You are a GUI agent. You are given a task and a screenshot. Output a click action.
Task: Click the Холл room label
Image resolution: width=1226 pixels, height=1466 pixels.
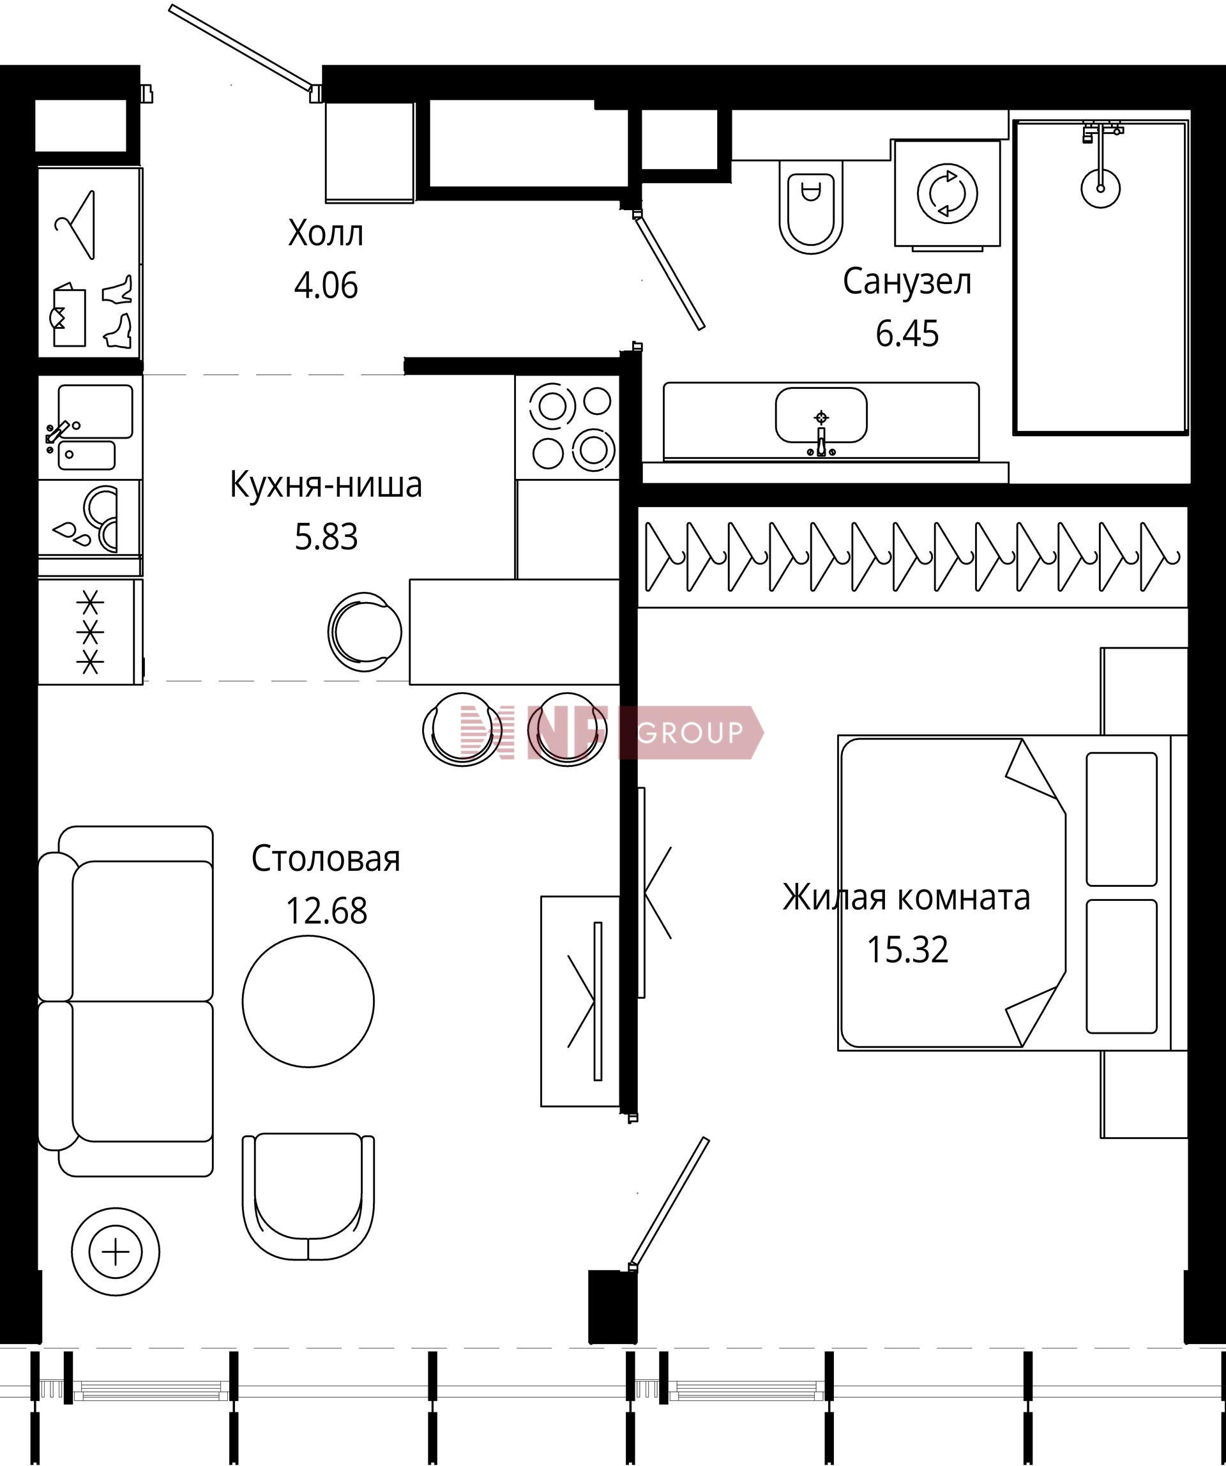(x=326, y=234)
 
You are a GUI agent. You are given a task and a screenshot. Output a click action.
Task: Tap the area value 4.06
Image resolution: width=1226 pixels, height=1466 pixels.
(x=326, y=285)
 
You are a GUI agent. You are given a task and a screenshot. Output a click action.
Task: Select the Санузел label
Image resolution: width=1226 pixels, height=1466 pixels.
(x=907, y=282)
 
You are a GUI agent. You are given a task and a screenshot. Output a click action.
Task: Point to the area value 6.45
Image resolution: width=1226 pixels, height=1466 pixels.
(x=907, y=334)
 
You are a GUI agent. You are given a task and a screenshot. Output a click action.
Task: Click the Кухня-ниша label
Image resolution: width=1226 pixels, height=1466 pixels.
(x=326, y=485)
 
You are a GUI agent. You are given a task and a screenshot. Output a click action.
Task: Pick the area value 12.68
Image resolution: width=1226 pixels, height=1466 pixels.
(x=326, y=911)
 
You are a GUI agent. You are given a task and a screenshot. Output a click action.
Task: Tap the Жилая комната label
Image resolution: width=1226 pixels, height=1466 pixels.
(x=906, y=898)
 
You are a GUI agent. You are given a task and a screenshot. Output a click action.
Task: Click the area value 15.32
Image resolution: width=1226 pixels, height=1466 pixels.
(x=907, y=950)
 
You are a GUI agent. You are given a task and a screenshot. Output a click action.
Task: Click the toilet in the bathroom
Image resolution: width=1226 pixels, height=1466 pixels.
(x=810, y=207)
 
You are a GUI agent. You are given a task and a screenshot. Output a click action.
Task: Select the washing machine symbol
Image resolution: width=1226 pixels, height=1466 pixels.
(x=948, y=194)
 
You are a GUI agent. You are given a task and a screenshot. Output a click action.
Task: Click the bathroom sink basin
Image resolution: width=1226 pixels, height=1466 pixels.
(x=821, y=416)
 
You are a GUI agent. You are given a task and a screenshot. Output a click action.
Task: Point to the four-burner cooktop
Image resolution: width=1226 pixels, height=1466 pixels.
(x=568, y=427)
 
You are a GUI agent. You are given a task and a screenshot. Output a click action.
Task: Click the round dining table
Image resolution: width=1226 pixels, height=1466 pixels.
(x=308, y=1001)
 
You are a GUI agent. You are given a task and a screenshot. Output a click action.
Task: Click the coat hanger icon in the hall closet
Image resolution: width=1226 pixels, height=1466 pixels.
(x=75, y=225)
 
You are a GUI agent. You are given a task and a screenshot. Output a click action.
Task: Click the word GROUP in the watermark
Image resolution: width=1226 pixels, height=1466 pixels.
(x=690, y=732)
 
